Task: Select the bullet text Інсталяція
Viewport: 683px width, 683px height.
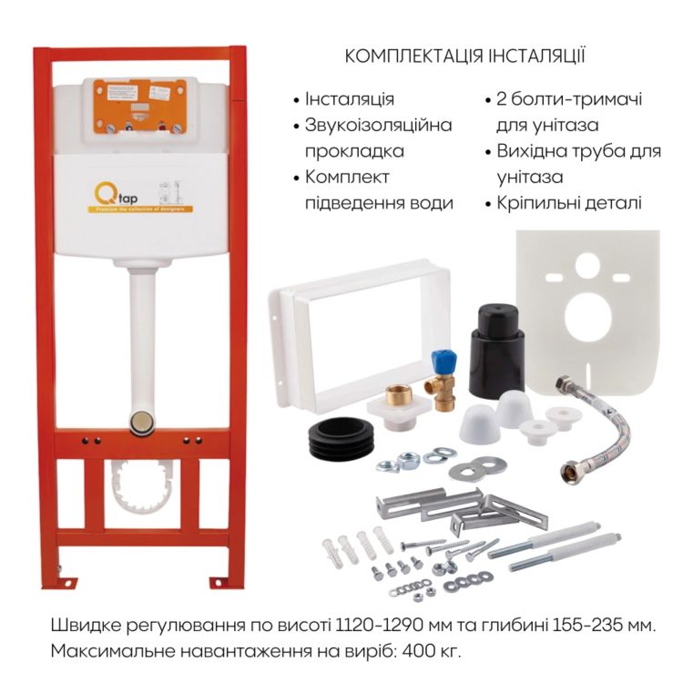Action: [x=349, y=99]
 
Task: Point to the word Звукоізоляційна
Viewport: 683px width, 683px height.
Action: [x=378, y=125]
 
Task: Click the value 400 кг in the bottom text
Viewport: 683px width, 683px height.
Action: [x=433, y=651]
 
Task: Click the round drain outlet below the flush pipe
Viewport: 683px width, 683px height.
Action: [x=142, y=421]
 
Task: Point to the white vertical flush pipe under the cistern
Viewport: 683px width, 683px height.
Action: [x=142, y=337]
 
